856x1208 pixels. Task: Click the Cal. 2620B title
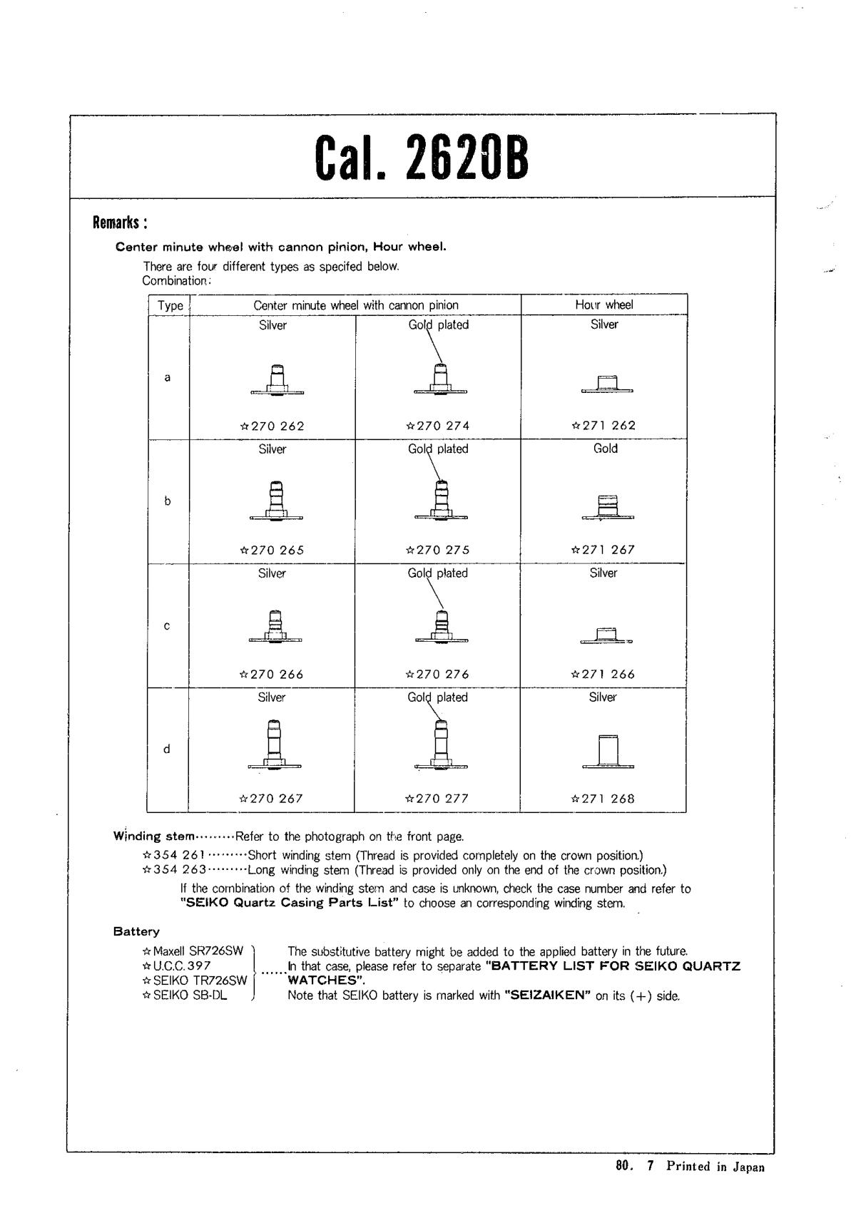tap(422, 158)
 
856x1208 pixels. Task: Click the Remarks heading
tap(120, 223)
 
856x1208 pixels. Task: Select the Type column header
tap(170, 306)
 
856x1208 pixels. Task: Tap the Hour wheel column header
tap(603, 304)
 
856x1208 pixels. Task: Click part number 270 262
tap(272, 426)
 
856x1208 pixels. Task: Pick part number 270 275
tap(437, 551)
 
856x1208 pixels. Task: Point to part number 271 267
tap(603, 550)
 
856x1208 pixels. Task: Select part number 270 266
tap(272, 675)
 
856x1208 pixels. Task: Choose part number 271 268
tap(603, 799)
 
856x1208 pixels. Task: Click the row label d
tap(167, 749)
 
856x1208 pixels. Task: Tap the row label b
tap(168, 501)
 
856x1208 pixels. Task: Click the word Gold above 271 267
tap(605, 449)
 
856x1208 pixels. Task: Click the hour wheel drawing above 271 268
tap(608, 752)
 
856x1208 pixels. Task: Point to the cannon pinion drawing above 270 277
tap(441, 745)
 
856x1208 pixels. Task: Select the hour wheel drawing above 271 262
tap(607, 384)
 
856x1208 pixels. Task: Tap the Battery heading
tap(136, 931)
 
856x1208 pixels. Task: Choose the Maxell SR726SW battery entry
tap(193, 951)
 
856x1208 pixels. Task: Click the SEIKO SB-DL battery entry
tap(185, 995)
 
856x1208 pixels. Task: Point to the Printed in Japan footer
tap(715, 1167)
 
